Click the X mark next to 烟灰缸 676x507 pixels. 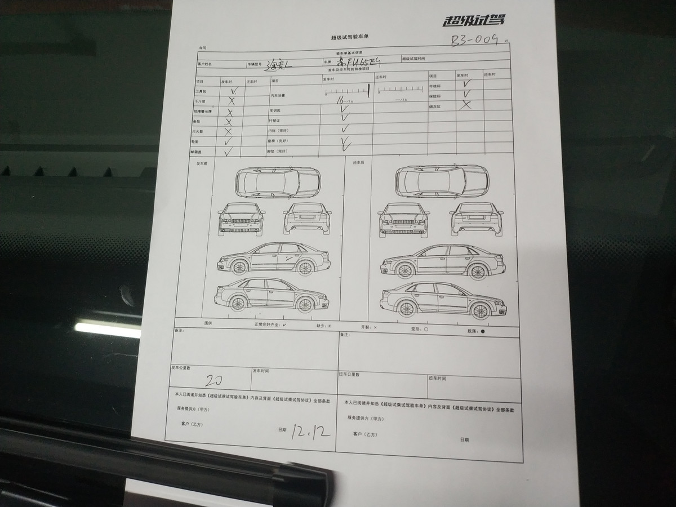[x=465, y=105]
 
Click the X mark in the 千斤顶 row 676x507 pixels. [x=231, y=101]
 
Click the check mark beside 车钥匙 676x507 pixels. [x=345, y=109]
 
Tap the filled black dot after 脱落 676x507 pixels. [x=483, y=332]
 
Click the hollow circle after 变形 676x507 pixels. [x=426, y=328]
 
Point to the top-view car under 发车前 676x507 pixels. [x=277, y=182]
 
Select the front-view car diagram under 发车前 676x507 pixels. [x=242, y=219]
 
